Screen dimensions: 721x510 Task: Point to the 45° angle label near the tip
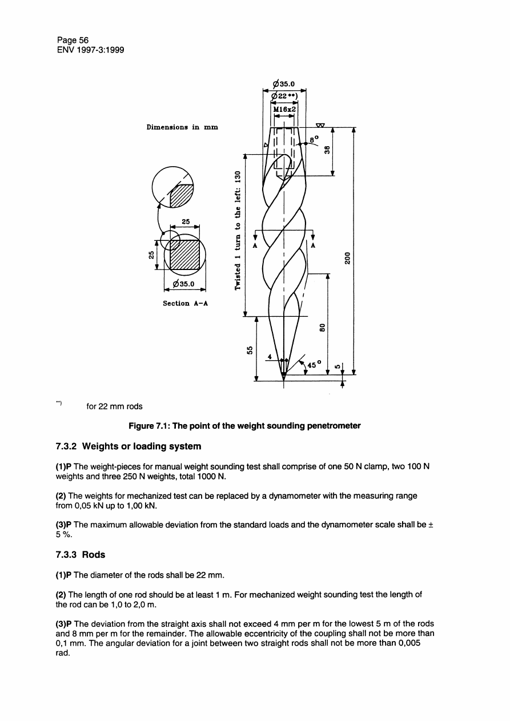point(315,362)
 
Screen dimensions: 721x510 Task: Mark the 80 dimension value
point(322,328)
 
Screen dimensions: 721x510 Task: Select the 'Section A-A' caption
point(184,303)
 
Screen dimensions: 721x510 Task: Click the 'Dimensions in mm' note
point(182,128)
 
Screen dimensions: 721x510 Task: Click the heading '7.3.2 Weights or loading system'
point(129,446)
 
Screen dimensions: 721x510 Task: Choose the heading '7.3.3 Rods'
point(81,554)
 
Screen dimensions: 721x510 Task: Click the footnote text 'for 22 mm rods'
point(114,406)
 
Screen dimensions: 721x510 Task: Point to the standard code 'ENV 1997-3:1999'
point(91,50)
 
